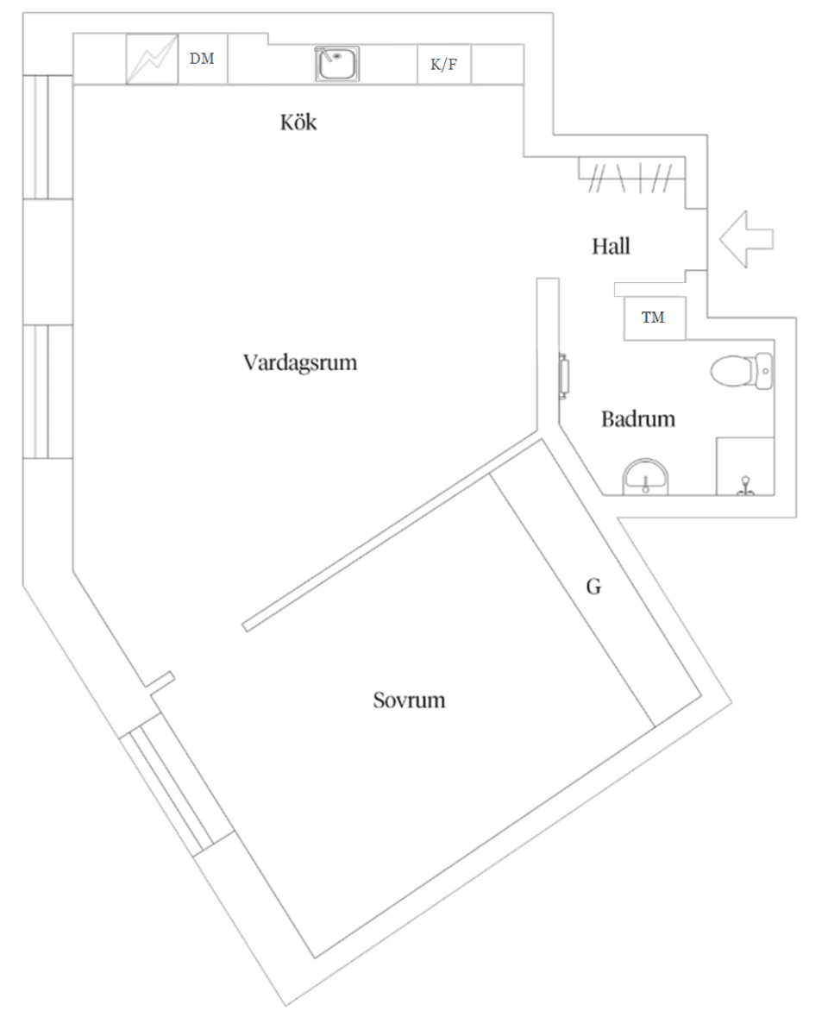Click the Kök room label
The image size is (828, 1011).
coord(298,122)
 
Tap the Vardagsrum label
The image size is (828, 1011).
coord(299,362)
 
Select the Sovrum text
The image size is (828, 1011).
coord(409,700)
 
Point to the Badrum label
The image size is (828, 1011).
coord(637,420)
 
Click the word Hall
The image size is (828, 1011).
coord(611,247)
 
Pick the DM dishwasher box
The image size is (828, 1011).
coord(203,60)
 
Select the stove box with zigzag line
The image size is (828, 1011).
coord(152,60)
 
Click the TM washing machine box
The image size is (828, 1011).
coord(654,318)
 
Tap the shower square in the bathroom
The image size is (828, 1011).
coord(745,467)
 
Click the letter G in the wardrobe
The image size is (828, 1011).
coord(593,587)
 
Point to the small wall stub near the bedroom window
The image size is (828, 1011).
coord(161,681)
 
